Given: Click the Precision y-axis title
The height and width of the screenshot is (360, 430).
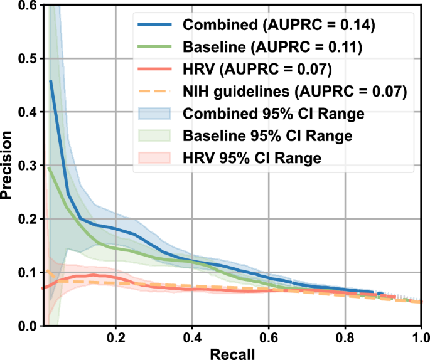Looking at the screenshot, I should click(x=8, y=164).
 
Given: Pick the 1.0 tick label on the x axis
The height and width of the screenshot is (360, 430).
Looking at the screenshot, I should click(x=417, y=337).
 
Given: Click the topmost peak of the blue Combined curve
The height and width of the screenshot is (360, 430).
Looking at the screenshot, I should click(x=50, y=81).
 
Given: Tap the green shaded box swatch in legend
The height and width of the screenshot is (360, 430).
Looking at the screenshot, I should click(x=153, y=136).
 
